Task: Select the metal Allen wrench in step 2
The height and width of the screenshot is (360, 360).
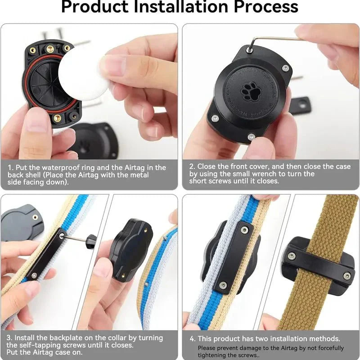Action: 274,39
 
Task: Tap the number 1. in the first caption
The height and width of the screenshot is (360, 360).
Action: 12,167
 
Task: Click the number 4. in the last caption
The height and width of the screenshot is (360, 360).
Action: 193,338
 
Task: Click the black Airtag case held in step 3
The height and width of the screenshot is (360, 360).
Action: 130,250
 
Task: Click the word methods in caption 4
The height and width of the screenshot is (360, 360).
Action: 326,338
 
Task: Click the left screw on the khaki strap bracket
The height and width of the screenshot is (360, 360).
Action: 292,256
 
